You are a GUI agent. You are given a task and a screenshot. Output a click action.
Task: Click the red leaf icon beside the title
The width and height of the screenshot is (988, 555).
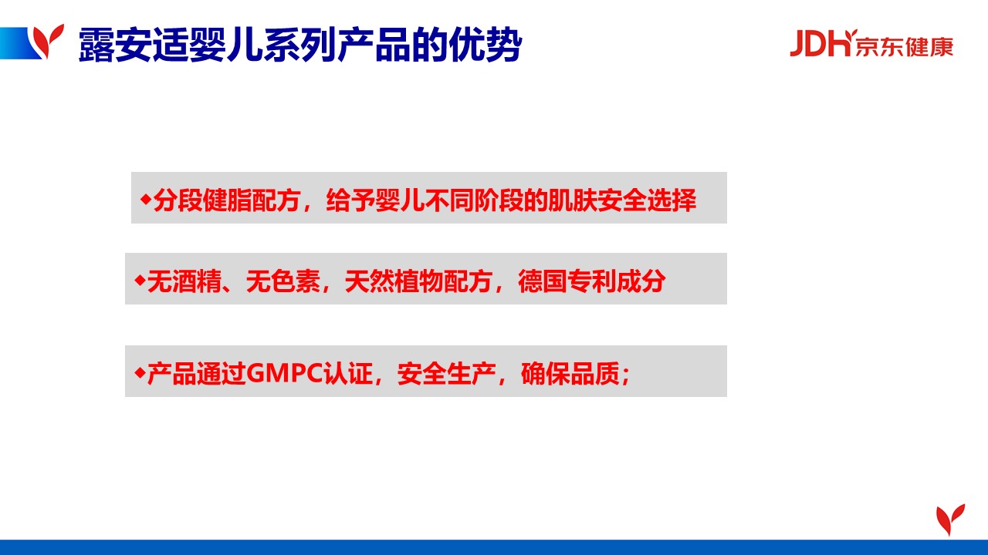click(x=49, y=41)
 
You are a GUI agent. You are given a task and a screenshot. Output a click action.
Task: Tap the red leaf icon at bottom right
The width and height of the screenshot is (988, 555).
click(x=950, y=520)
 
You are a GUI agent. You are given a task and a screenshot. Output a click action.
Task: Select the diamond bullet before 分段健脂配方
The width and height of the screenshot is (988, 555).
click(x=146, y=199)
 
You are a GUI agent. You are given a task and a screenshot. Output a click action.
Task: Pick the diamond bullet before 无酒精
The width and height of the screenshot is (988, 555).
click(x=140, y=280)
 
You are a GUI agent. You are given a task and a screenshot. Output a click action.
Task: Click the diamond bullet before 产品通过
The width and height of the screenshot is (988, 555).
click(x=140, y=373)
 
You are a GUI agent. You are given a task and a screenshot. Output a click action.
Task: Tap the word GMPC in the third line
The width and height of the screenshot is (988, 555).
click(x=285, y=374)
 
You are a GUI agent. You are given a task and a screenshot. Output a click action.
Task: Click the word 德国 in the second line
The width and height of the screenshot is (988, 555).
click(x=543, y=281)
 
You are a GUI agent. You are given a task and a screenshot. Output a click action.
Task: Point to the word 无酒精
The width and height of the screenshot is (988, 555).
click(x=184, y=281)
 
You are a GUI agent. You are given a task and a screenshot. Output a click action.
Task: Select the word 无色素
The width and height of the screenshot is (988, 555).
click(x=283, y=281)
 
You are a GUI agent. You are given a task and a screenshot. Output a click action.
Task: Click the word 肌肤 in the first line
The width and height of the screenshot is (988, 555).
click(x=573, y=200)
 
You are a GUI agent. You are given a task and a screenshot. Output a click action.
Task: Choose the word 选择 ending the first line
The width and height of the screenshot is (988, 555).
click(x=672, y=200)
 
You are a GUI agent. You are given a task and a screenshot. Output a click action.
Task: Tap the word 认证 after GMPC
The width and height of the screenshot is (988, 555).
click(x=348, y=374)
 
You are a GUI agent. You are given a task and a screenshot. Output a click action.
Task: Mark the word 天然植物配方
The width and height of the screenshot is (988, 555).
click(x=418, y=281)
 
